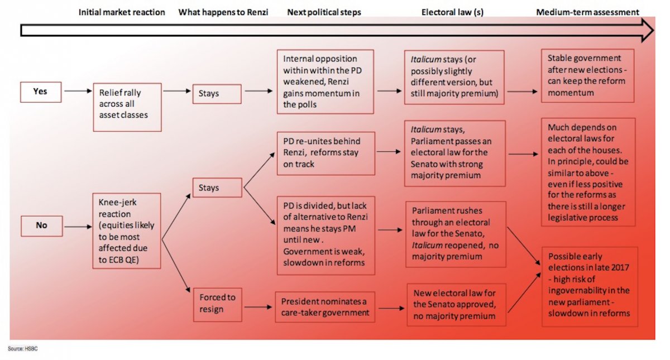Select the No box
pyautogui.click(x=41, y=225)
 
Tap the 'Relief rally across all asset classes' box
pyautogui.click(x=127, y=107)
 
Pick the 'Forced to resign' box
pyautogui.click(x=217, y=304)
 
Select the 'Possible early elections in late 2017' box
pyautogui.click(x=589, y=286)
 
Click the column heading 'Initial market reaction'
pyautogui.click(x=122, y=12)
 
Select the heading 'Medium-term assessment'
pyautogui.click(x=587, y=12)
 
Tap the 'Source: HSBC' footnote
pyautogui.click(x=22, y=348)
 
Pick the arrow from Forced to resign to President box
pyautogui.click(x=258, y=306)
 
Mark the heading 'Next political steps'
pyautogui.click(x=325, y=12)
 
